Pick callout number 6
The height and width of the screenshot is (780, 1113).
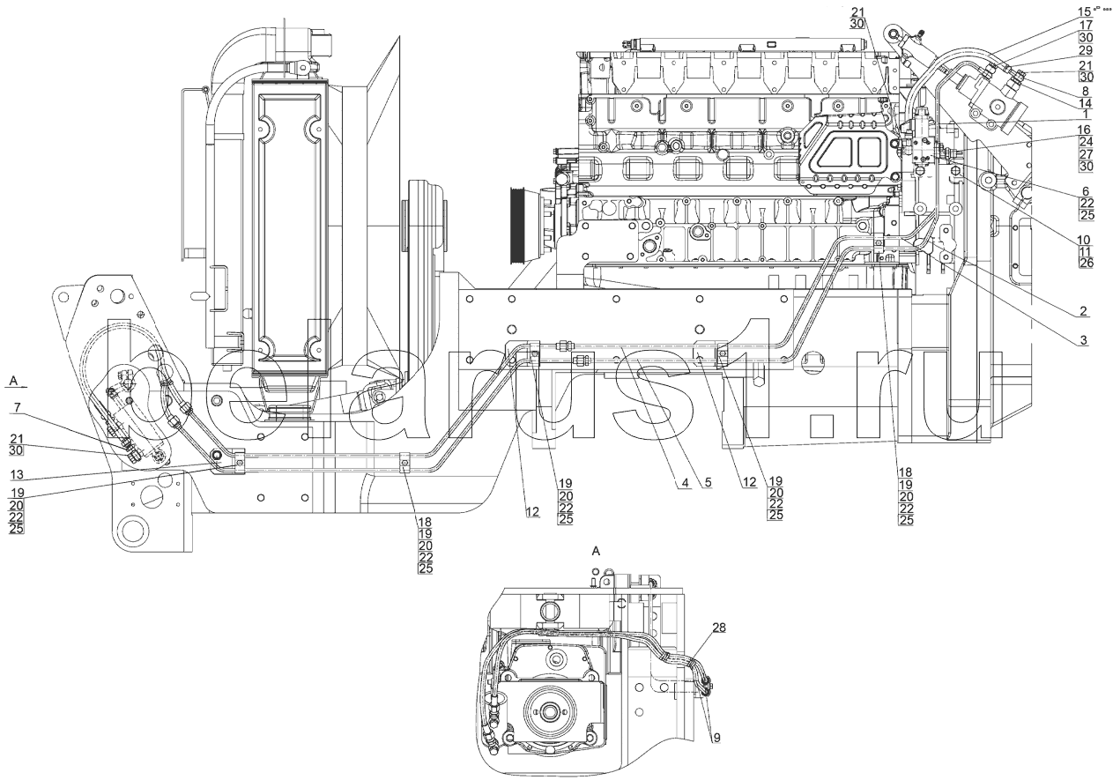[x=1086, y=190]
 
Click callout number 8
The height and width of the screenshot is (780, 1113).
[x=1086, y=90]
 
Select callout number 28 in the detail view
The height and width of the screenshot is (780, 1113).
[x=720, y=628]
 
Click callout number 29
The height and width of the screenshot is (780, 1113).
[x=1086, y=51]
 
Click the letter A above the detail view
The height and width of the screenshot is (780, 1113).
[x=597, y=551]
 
